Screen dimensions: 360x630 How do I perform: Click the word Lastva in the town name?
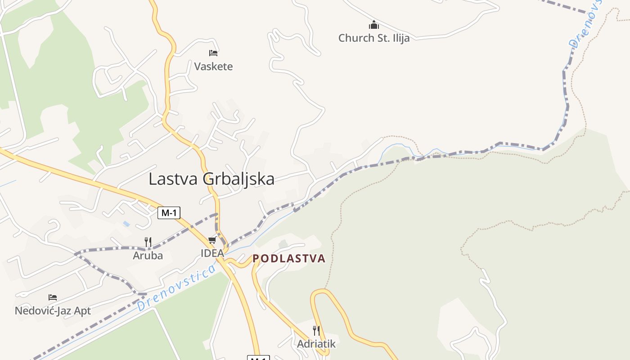click(x=173, y=179)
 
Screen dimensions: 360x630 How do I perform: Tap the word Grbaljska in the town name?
click(x=238, y=179)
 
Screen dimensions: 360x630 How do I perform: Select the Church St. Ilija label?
click(x=374, y=38)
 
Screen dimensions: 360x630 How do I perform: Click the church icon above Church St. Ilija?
click(x=374, y=25)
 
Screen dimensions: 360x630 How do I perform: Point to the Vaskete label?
click(x=213, y=67)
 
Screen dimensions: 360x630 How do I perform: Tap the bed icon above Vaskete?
click(x=213, y=53)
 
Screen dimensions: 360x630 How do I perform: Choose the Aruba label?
click(x=148, y=256)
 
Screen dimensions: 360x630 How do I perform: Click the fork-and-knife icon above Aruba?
click(x=148, y=242)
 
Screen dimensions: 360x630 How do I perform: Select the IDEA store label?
click(x=212, y=253)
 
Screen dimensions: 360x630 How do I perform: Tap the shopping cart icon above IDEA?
click(x=212, y=240)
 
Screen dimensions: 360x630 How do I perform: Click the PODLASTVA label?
click(x=289, y=258)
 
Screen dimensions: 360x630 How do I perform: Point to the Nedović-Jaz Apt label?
click(x=53, y=310)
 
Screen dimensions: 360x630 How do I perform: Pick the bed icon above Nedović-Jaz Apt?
click(x=53, y=297)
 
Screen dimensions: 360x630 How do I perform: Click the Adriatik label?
click(x=316, y=344)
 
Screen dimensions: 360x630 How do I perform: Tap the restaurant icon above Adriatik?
click(x=316, y=331)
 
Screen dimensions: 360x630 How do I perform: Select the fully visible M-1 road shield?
click(x=169, y=213)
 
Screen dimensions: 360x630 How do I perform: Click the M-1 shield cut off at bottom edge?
click(x=258, y=358)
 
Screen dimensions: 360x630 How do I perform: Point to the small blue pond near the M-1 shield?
click(x=127, y=223)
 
